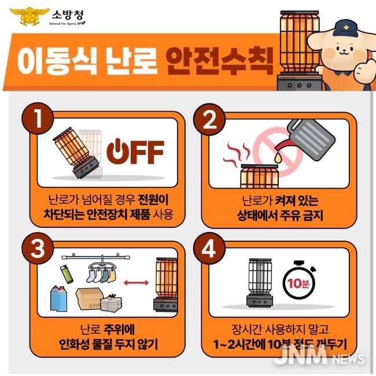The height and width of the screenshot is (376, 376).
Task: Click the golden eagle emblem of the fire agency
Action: tap(23, 16)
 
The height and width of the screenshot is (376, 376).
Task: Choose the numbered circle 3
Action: tap(36, 248)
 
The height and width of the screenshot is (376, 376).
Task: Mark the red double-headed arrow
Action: tap(134, 283)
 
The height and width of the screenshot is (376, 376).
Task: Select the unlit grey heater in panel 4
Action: tap(256, 283)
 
